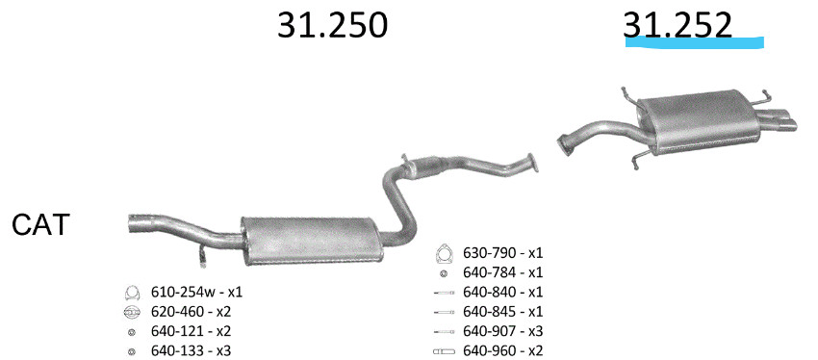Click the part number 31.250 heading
click(x=332, y=25)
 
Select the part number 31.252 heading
click(x=677, y=25)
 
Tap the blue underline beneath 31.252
click(x=695, y=42)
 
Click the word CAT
click(x=40, y=225)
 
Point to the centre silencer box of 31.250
click(x=312, y=240)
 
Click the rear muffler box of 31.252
click(x=699, y=121)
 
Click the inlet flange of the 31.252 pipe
click(x=563, y=144)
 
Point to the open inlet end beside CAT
click(x=134, y=222)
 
